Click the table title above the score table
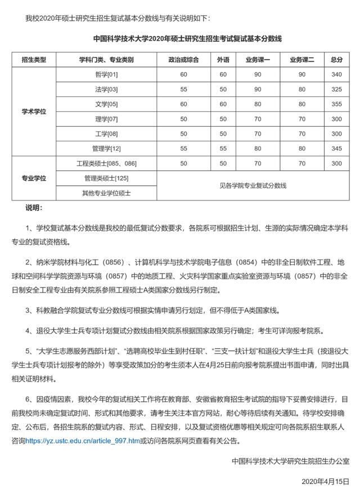[x=186, y=39]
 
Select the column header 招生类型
[x=34, y=60]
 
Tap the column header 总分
[x=336, y=60]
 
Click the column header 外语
[x=223, y=60]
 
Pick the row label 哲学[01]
[x=106, y=74]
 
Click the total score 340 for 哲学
[x=336, y=74]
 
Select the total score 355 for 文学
[x=336, y=104]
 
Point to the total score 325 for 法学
[x=336, y=89]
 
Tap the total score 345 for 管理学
[x=336, y=149]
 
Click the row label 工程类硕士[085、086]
[x=106, y=163]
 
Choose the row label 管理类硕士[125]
[x=106, y=178]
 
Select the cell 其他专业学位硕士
[x=106, y=192]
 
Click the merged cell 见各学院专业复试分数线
[x=253, y=185]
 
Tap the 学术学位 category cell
[x=34, y=111]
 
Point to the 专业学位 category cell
[x=34, y=178]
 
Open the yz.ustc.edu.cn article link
[x=83, y=441]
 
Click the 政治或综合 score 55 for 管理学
[x=183, y=149]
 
